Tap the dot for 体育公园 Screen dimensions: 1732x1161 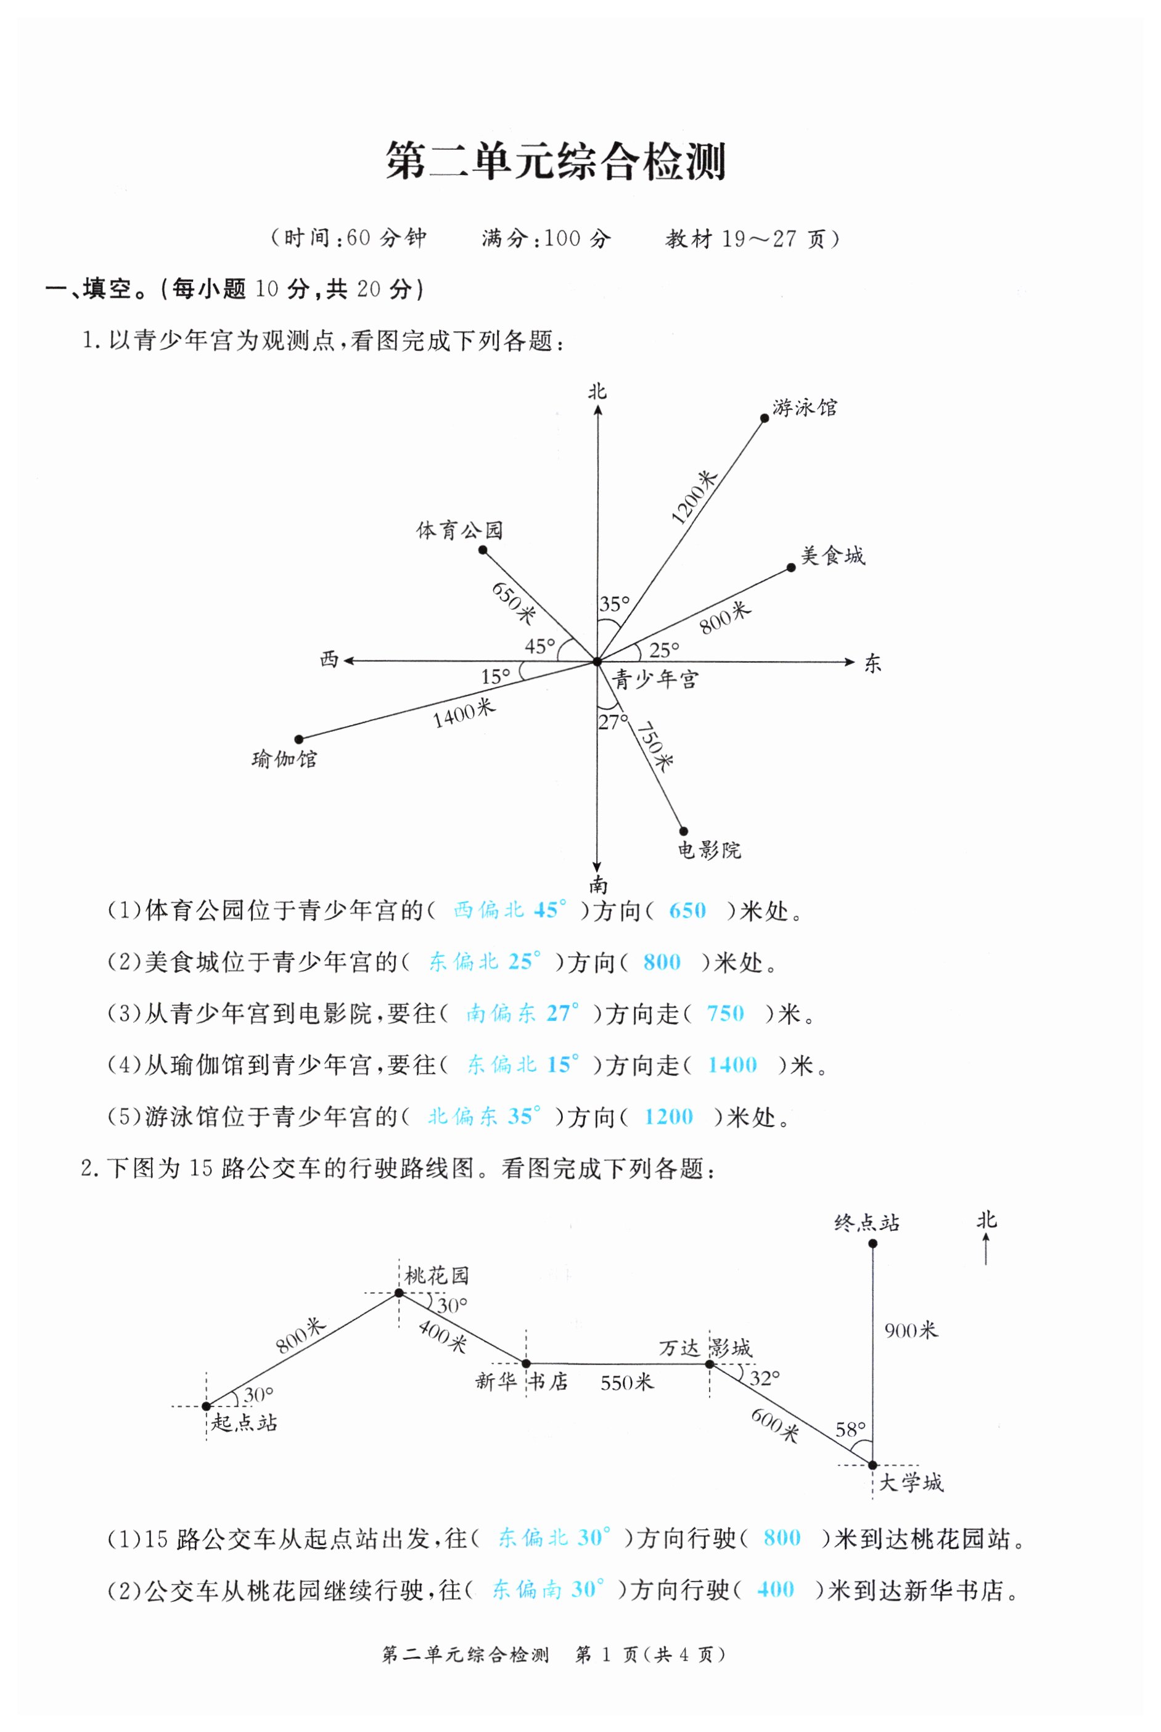[483, 549]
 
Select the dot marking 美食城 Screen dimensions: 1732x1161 [791, 567]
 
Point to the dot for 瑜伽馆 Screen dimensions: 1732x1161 [299, 739]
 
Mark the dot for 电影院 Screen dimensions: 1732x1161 [683, 831]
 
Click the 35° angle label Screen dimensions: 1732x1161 [615, 604]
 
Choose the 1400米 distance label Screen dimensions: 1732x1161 [464, 713]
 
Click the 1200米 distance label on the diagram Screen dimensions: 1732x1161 [694, 498]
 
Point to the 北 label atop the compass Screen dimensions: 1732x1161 [597, 392]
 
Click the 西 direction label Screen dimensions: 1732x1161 [329, 659]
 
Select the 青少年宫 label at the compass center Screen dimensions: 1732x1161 [655, 679]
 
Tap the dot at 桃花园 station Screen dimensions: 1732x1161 [399, 1293]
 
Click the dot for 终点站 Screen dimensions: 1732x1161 [873, 1243]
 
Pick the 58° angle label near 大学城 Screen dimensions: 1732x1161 [850, 1429]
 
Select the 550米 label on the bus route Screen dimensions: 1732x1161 [627, 1382]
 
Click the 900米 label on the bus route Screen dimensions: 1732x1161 [911, 1331]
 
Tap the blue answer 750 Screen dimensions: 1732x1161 [725, 1013]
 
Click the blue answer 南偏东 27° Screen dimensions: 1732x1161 [522, 1013]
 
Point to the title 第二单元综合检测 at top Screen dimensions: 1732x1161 [556, 162]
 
